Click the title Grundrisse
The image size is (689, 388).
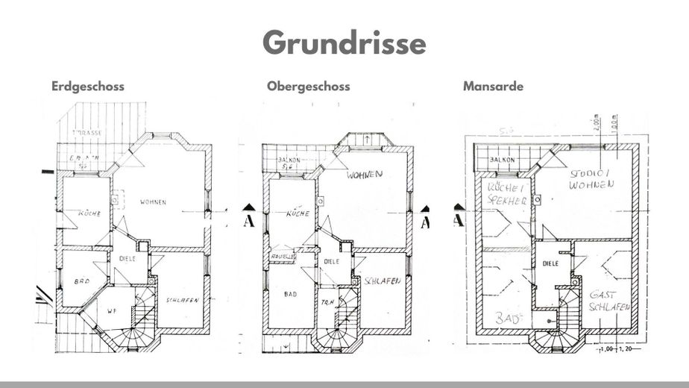coord(344,43)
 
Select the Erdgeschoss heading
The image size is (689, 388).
coord(87,86)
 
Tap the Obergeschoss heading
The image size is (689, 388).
coord(308,86)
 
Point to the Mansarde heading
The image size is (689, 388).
coord(493,86)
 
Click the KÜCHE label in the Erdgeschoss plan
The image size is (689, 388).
coord(90,214)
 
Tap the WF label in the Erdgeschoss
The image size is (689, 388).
coord(113,310)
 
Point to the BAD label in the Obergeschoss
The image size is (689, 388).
coord(290,295)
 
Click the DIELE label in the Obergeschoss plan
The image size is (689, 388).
coord(332,262)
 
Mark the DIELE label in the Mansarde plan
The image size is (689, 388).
coord(550,263)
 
